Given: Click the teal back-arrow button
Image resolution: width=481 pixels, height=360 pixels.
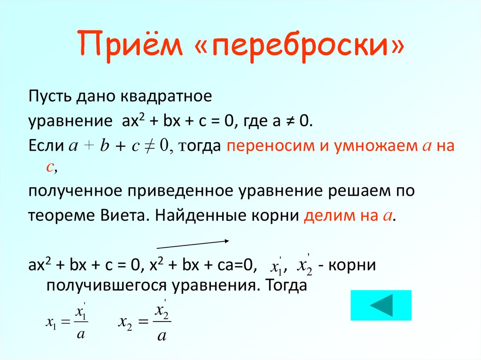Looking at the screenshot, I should coord(381,306).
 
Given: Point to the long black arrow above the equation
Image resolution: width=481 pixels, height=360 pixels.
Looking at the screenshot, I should coord(192,244).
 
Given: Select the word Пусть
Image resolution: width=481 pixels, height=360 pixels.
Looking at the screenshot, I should coord(49,98).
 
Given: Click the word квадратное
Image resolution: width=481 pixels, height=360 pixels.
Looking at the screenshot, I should coord(168,98).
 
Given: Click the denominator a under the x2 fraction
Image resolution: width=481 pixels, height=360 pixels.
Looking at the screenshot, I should coord(161,337).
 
